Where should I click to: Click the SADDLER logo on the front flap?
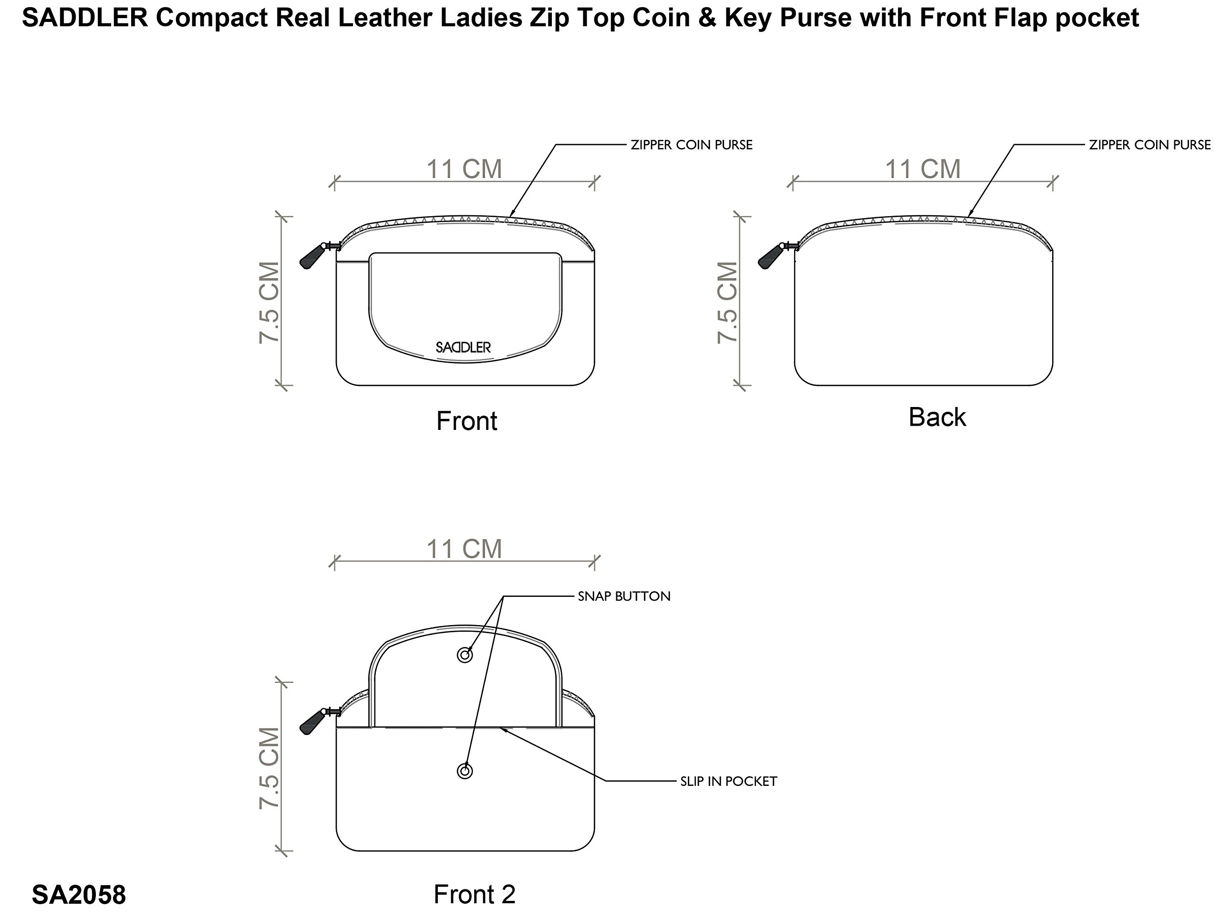pos(463,347)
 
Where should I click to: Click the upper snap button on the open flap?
pos(465,656)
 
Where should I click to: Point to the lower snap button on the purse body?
pos(465,772)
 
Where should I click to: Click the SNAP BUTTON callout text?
pos(624,596)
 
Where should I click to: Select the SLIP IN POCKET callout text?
pos(729,782)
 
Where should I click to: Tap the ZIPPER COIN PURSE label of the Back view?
pos(1150,145)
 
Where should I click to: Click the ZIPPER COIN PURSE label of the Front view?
pos(692,145)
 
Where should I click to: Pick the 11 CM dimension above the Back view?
pos(923,169)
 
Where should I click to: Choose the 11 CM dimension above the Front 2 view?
pos(464,549)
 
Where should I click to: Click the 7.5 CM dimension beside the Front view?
pos(270,303)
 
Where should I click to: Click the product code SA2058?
pos(79,895)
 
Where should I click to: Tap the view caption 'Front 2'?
pos(475,895)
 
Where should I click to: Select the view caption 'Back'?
pos(937,418)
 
